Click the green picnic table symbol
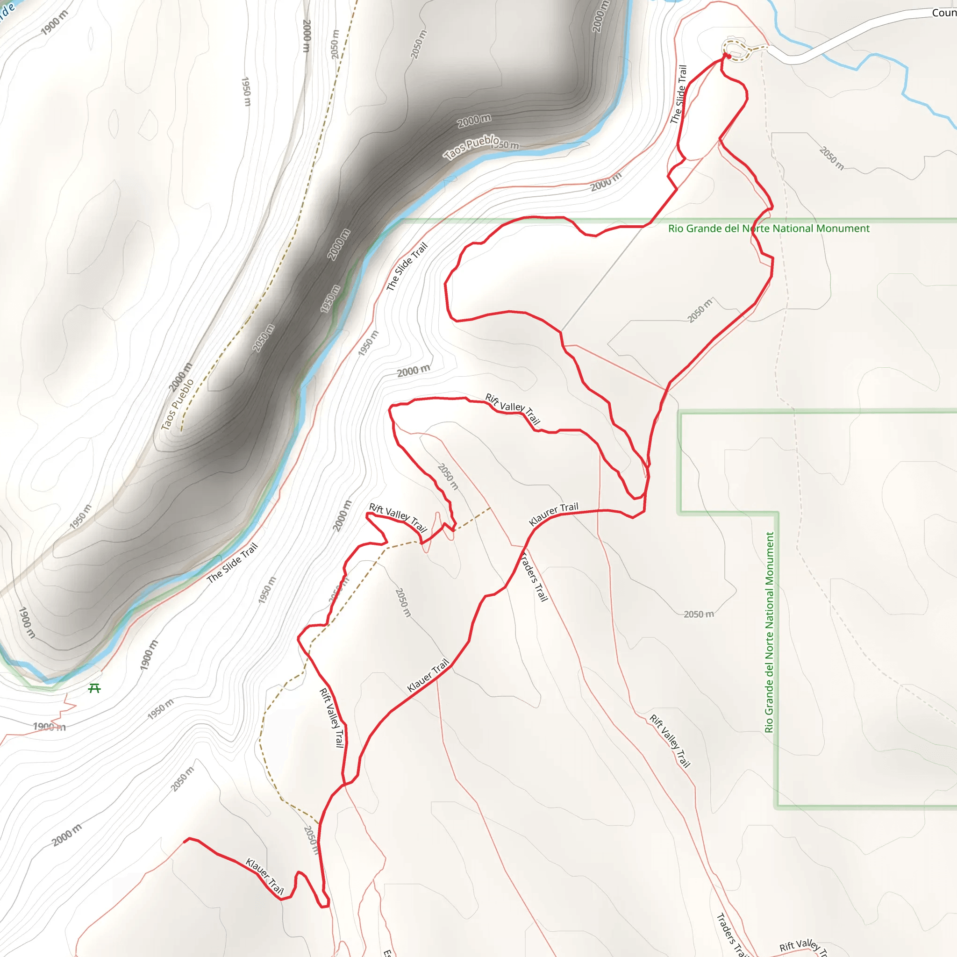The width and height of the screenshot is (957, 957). click(x=94, y=688)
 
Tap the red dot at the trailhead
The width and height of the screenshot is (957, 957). click(x=728, y=57)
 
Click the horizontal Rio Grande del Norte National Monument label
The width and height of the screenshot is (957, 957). click(x=769, y=229)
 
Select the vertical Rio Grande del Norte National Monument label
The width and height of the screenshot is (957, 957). click(x=769, y=632)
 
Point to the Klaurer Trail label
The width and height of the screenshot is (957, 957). click(x=553, y=514)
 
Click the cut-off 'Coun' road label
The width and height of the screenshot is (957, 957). click(x=943, y=13)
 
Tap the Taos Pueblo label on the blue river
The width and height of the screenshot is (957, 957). click(x=471, y=147)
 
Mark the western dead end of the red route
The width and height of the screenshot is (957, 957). click(x=185, y=841)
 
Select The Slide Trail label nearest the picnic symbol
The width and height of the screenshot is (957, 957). click(x=232, y=563)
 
